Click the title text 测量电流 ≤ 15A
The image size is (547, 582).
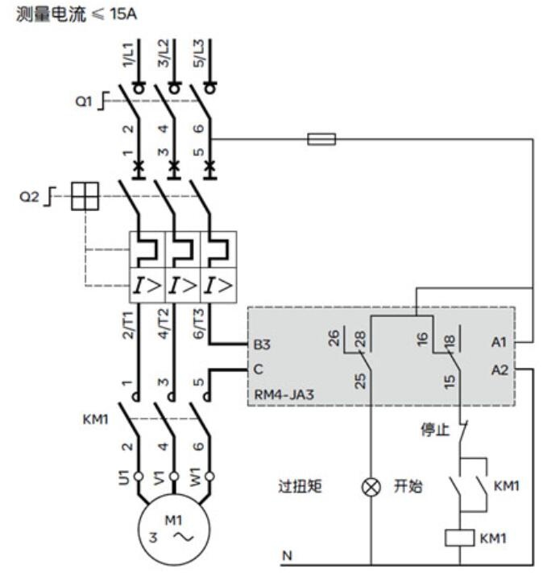[x=77, y=14]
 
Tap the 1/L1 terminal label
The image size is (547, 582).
[x=127, y=55]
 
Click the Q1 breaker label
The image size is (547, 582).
[x=83, y=101]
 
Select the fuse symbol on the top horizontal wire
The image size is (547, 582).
[x=321, y=139]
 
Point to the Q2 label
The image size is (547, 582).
[x=29, y=196]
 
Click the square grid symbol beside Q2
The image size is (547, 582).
[x=85, y=196]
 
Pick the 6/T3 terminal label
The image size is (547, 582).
[x=199, y=324]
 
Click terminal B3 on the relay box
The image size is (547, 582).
[x=262, y=344]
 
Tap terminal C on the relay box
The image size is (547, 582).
[x=258, y=369]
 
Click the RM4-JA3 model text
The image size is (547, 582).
[x=284, y=394]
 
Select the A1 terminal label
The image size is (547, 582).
[x=499, y=342]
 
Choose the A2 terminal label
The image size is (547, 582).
[x=499, y=369]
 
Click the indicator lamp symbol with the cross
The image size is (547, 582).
[x=371, y=487]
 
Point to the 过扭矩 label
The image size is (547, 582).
[x=300, y=486]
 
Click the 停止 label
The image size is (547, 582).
[x=435, y=429]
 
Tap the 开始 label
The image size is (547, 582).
[x=408, y=486]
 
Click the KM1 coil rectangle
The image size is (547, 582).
[x=460, y=538]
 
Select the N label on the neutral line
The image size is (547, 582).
[x=287, y=555]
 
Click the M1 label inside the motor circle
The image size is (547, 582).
[x=173, y=521]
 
